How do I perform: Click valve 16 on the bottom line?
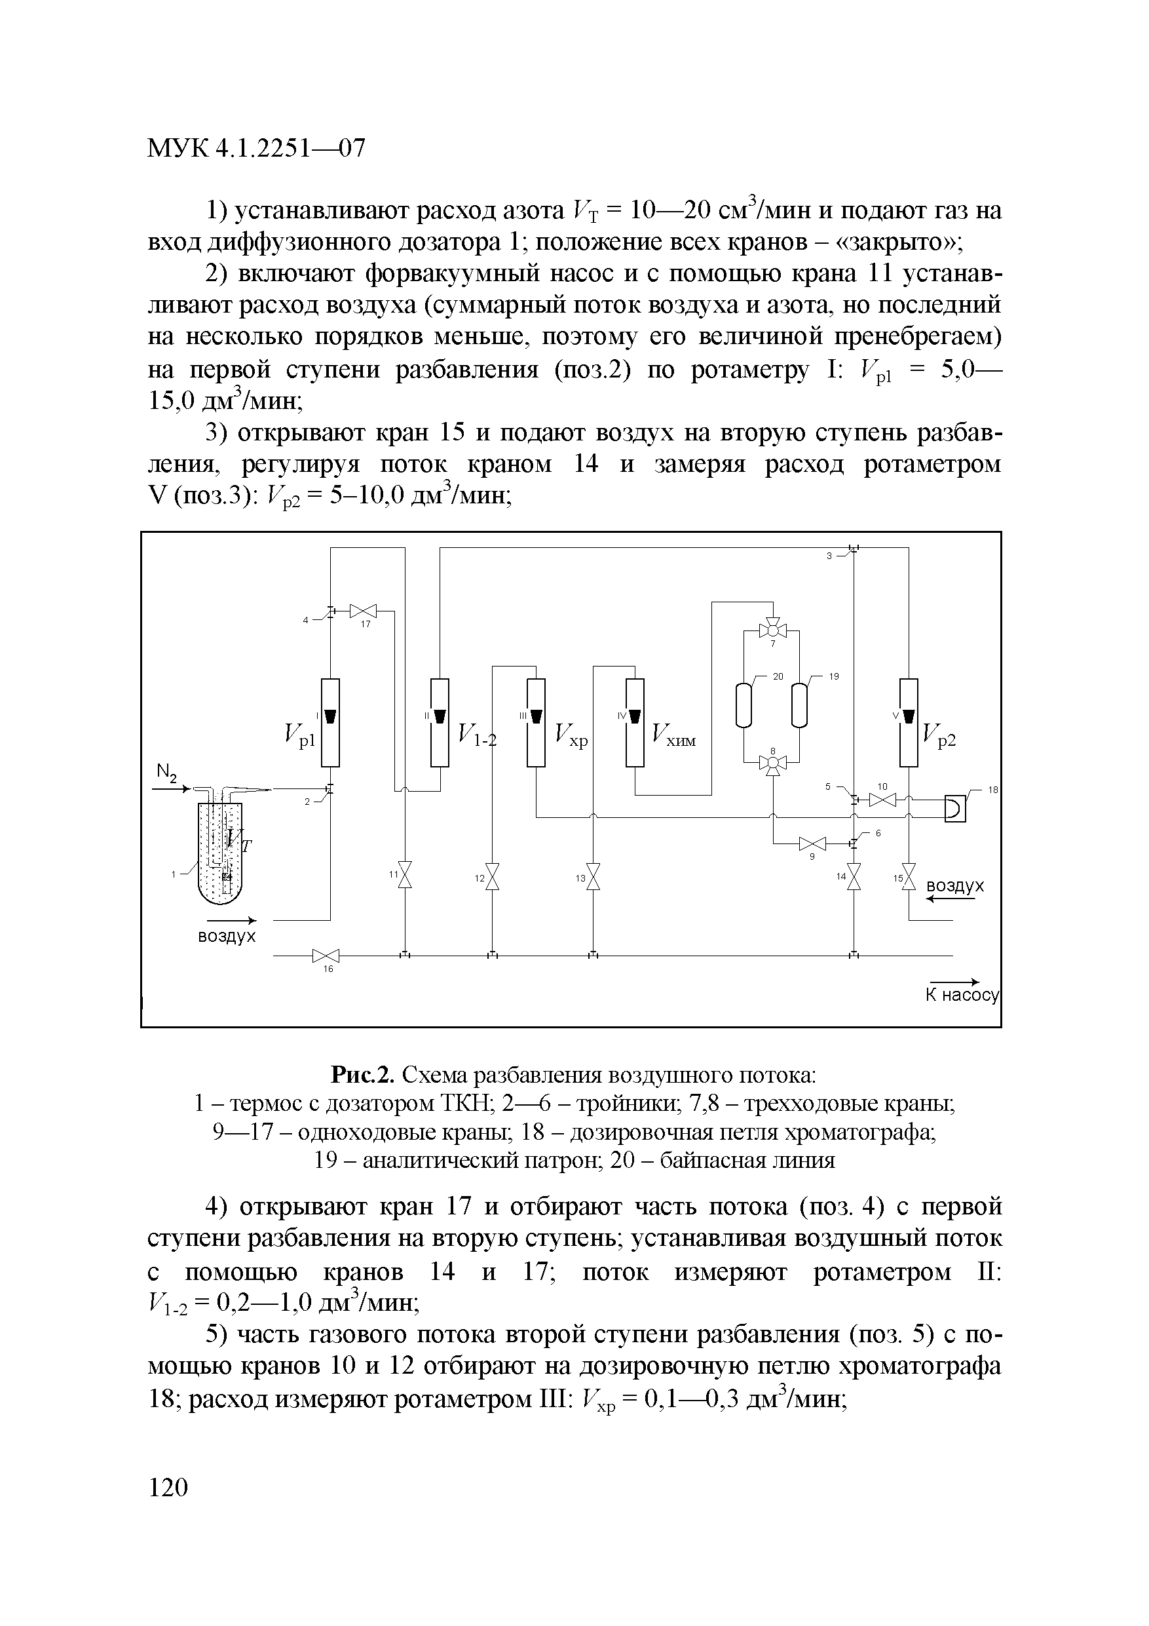pos(326,956)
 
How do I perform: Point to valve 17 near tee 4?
pos(364,610)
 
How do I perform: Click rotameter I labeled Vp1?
pos(330,722)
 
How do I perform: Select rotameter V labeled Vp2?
pos(909,722)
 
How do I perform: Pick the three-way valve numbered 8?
pos(772,763)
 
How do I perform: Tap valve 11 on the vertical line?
pos(405,876)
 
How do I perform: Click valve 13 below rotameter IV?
pos(593,877)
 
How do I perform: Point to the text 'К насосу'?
pos(962,996)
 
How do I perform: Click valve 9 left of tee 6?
pos(812,843)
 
